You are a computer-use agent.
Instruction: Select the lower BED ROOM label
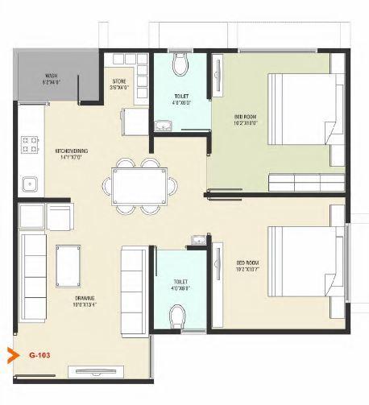click(247, 266)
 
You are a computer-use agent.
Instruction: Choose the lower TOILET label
click(180, 284)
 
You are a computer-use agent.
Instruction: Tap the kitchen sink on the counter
click(31, 183)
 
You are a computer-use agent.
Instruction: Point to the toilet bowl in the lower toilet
click(180, 315)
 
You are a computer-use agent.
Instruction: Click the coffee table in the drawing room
click(68, 262)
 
